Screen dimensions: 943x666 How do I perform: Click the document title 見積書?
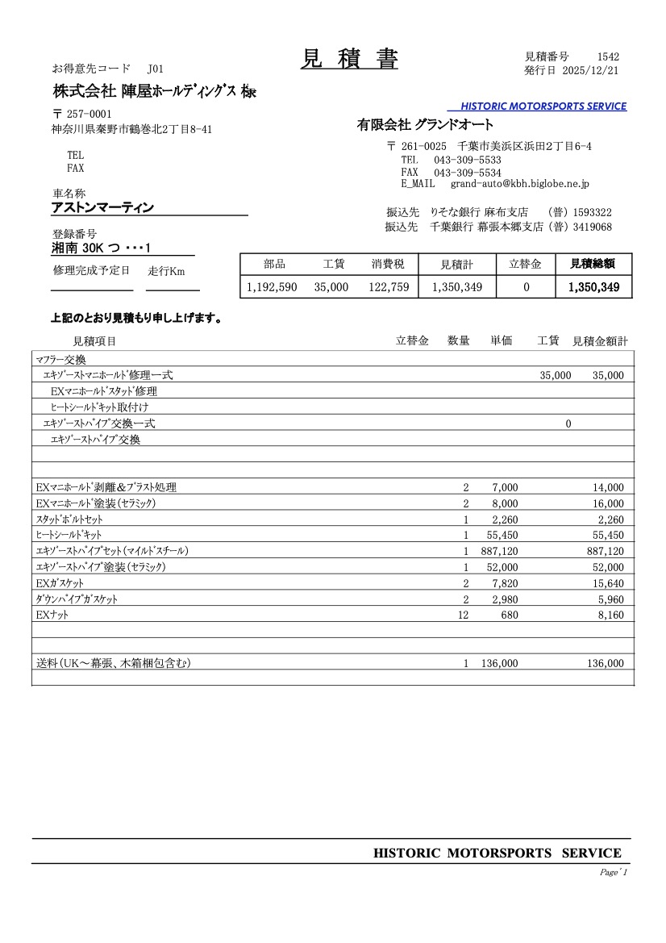[x=349, y=60]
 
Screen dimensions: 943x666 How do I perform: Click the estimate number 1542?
[x=608, y=56]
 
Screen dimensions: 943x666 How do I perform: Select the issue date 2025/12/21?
[x=590, y=71]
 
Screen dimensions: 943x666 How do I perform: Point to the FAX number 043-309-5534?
[x=467, y=173]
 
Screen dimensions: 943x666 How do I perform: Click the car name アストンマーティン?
[x=102, y=208]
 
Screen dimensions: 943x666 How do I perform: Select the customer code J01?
[x=156, y=69]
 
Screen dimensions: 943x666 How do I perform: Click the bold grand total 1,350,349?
[x=593, y=286]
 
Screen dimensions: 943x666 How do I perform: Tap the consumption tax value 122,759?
[x=389, y=286]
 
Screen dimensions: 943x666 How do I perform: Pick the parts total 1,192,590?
[x=272, y=286]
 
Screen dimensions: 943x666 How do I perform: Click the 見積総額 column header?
[x=593, y=264]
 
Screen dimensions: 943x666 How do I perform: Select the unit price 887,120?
[x=499, y=551]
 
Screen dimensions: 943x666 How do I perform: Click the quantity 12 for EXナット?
[x=463, y=615]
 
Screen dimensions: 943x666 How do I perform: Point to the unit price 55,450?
[x=502, y=535]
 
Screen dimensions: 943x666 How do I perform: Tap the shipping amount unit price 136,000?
[x=499, y=663]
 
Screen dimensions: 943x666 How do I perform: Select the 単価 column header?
[x=502, y=341]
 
